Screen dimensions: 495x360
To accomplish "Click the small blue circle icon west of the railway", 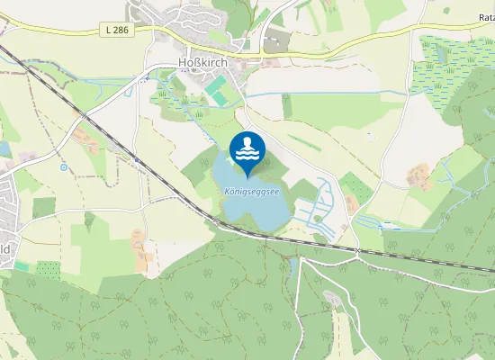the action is click(x=64, y=166).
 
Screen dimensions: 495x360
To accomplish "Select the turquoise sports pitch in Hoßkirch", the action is click(x=216, y=87).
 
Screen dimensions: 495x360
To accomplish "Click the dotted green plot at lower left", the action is click(x=47, y=269).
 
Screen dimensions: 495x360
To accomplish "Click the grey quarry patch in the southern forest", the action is click(x=332, y=299).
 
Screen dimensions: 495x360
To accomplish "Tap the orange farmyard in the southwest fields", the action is click(x=139, y=241).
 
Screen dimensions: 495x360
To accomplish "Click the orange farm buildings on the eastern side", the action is click(x=418, y=175).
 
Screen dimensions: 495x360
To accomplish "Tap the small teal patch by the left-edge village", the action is click(x=20, y=266).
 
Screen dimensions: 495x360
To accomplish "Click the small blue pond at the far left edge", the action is click(x=4, y=148).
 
